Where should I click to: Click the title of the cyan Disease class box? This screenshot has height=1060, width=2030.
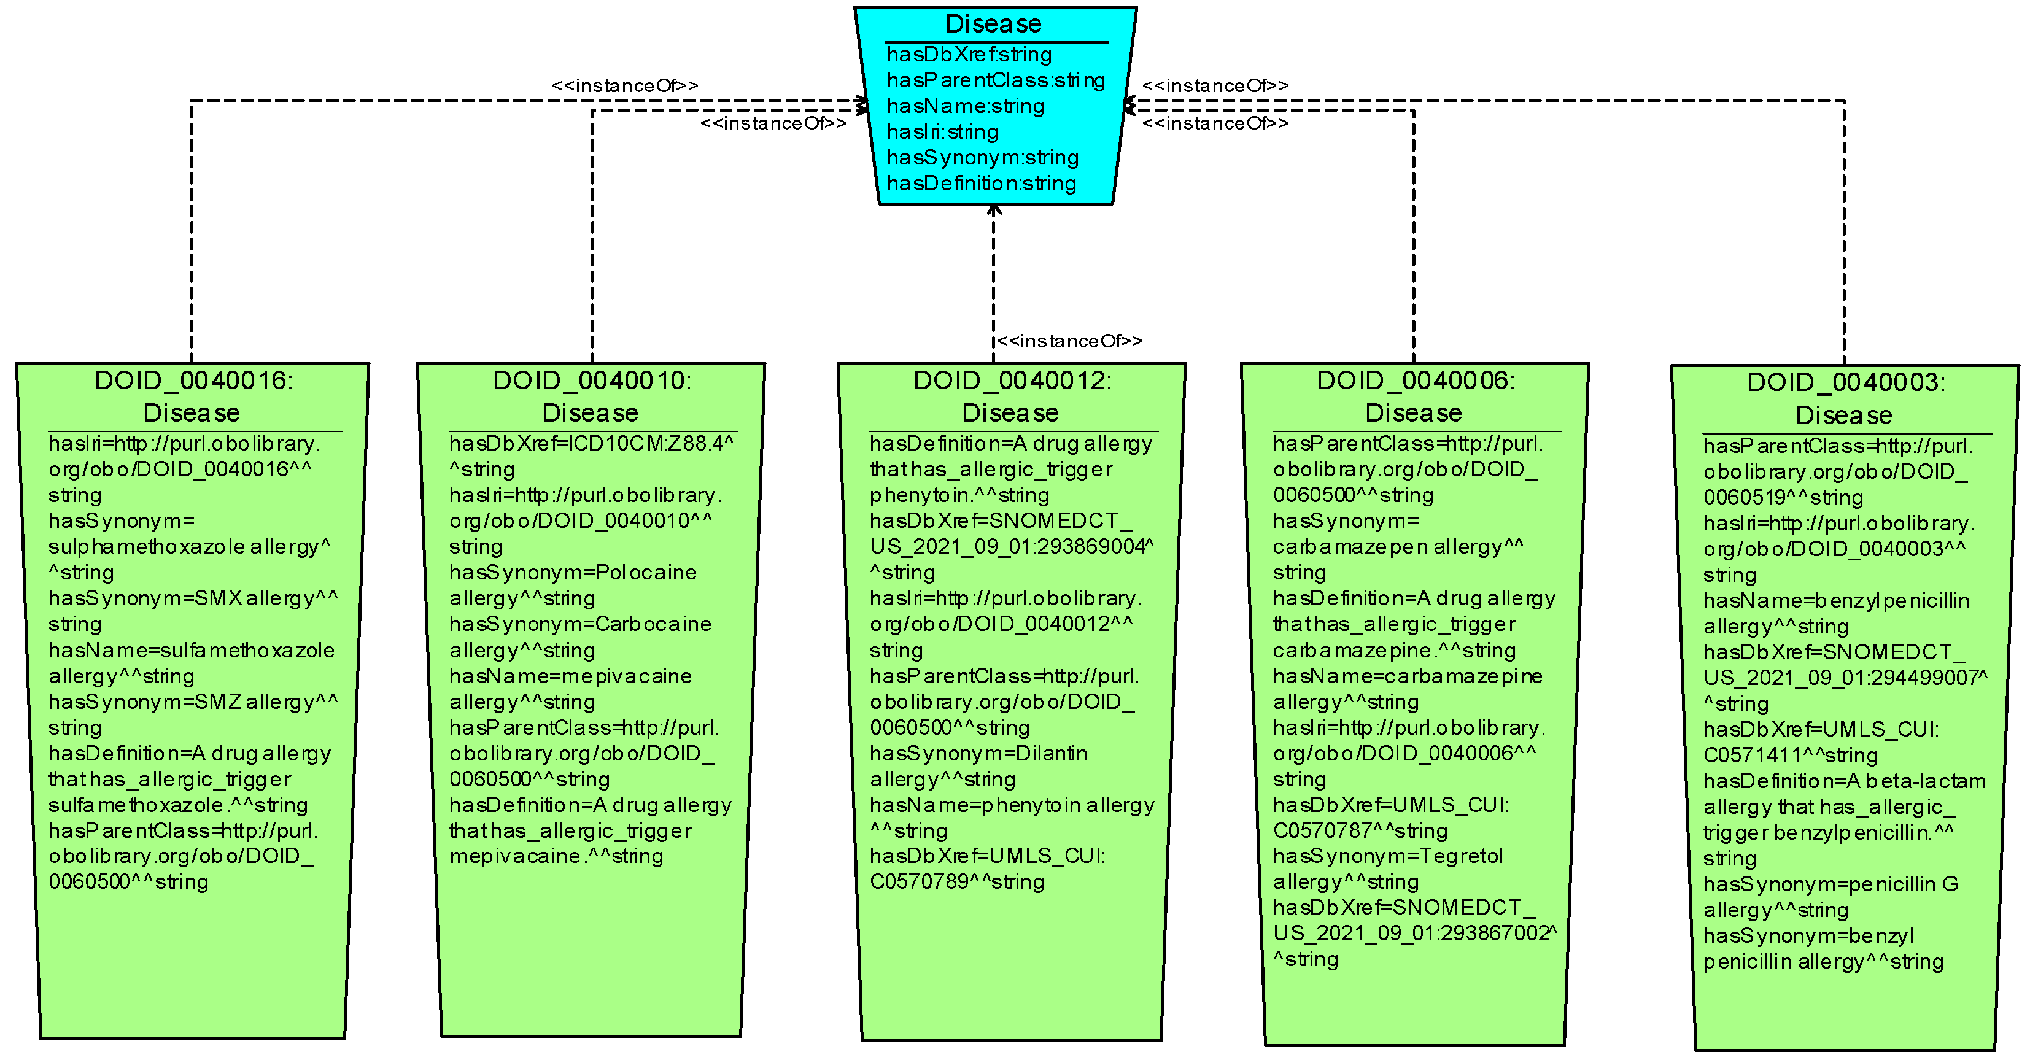[x=993, y=24]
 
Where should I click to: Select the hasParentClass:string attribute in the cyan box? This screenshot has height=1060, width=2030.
[x=995, y=80]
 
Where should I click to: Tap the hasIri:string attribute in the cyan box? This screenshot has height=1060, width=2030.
[x=942, y=131]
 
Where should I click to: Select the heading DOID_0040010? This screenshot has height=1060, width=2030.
[x=592, y=381]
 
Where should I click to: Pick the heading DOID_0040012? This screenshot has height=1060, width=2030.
[x=1012, y=381]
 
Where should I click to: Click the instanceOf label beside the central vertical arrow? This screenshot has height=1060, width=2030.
[x=1069, y=341]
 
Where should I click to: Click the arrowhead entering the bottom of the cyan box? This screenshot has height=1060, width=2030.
[x=994, y=211]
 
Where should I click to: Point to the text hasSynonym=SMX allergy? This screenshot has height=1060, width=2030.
[x=193, y=598]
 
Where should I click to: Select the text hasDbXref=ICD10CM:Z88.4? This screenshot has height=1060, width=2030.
[x=591, y=444]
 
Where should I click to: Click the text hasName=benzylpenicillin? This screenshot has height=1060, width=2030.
[x=1836, y=600]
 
